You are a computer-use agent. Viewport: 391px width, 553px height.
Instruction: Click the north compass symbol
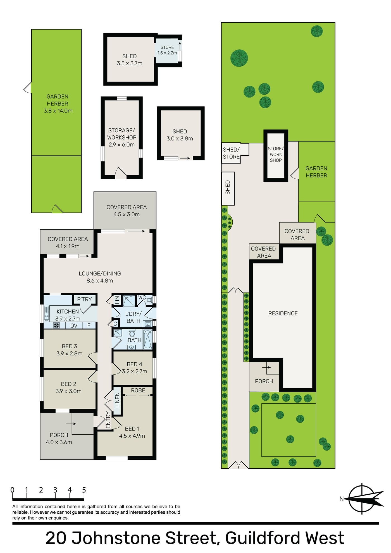click(x=362, y=499)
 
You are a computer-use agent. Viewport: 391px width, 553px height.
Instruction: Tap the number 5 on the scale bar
click(x=84, y=490)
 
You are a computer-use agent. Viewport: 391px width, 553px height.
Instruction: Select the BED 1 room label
click(x=132, y=428)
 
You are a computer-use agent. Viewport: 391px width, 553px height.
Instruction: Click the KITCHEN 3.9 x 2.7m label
click(x=68, y=315)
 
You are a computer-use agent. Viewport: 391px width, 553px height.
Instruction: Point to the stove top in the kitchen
click(x=56, y=325)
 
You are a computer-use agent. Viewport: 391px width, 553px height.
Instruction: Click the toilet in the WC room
click(x=149, y=300)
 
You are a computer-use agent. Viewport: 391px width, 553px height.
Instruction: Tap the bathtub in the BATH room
click(x=147, y=339)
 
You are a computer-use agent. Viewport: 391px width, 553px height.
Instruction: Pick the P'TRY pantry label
click(x=84, y=299)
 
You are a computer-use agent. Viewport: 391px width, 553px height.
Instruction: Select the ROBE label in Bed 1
click(x=138, y=390)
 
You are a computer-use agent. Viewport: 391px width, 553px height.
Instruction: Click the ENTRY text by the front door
click(x=108, y=420)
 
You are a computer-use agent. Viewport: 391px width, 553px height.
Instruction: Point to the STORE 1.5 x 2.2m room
click(x=167, y=50)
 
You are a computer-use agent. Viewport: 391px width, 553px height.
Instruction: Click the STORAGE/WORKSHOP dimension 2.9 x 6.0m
click(x=121, y=145)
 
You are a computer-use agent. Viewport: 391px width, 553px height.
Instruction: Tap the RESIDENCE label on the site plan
click(x=283, y=313)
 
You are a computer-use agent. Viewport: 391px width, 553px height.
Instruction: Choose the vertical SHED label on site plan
click(x=228, y=187)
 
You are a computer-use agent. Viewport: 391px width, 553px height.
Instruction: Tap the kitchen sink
click(x=46, y=313)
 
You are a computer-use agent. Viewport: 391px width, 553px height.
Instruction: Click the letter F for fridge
click(x=89, y=325)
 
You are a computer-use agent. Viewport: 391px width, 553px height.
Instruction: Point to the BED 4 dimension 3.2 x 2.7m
click(x=135, y=371)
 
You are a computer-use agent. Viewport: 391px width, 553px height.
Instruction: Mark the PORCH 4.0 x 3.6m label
click(x=59, y=439)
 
